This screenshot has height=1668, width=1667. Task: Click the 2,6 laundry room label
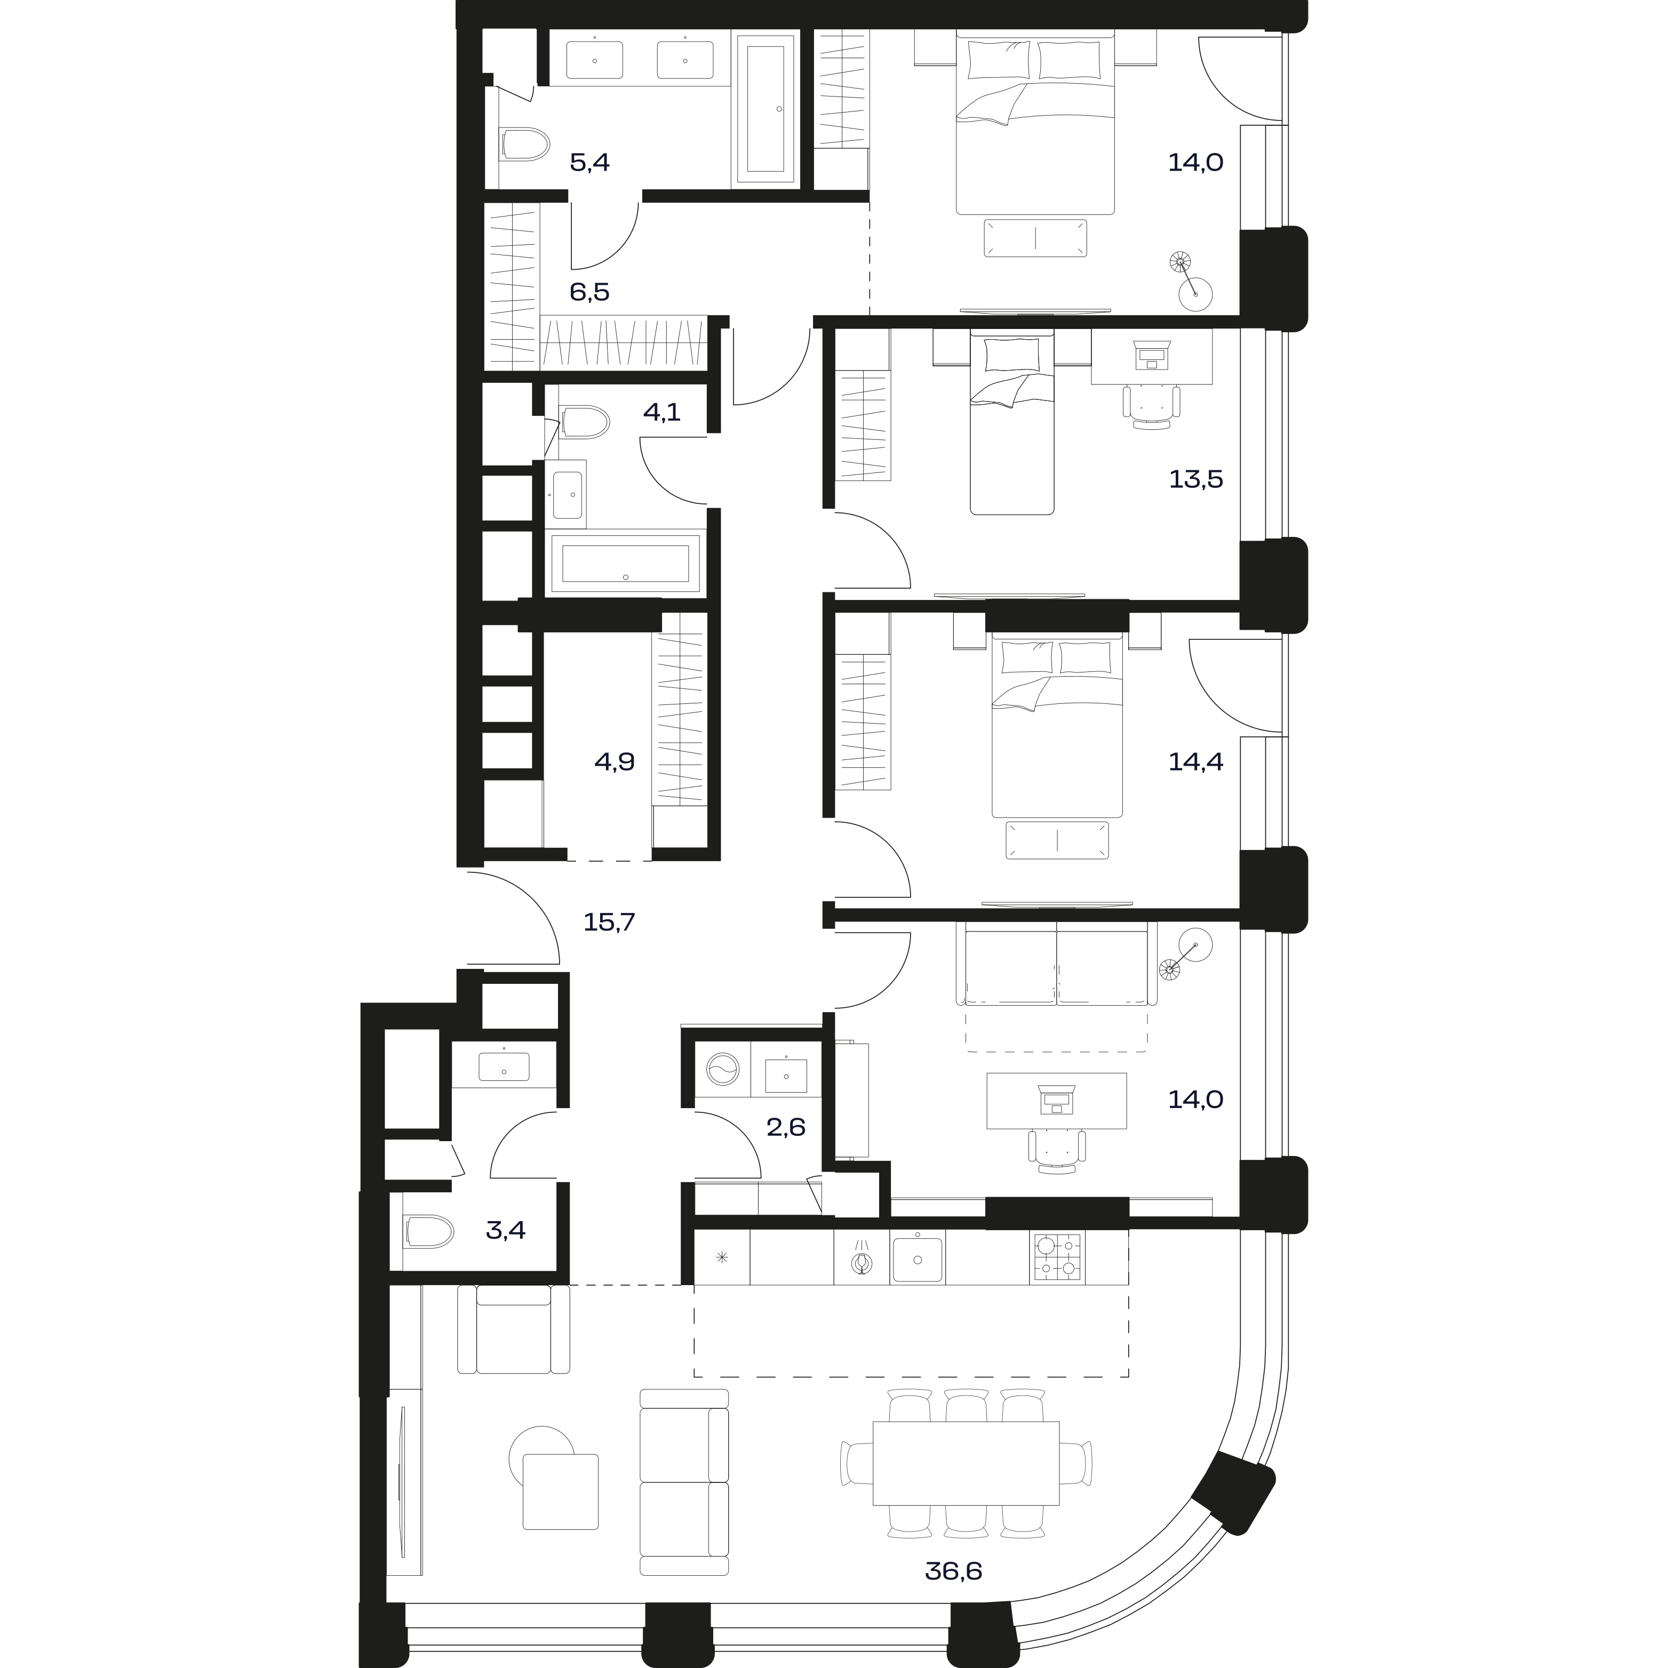coord(786,1127)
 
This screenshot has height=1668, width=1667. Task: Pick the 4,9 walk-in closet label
coord(614,761)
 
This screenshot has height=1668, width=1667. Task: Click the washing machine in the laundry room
coord(723,1071)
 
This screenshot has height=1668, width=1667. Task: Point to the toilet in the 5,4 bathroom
coord(525,145)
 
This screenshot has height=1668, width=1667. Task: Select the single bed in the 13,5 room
coord(1012,422)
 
